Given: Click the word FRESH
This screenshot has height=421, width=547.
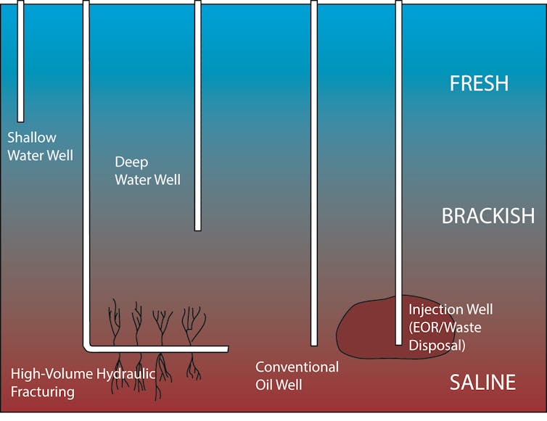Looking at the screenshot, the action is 479,83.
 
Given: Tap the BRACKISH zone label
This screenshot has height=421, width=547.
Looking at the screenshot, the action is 488,216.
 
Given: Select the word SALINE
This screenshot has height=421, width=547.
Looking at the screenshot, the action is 482,382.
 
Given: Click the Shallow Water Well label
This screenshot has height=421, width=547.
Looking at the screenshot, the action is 40,146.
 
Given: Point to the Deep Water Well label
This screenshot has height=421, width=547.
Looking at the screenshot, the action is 147,171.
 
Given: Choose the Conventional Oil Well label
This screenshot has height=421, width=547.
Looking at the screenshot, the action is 297,375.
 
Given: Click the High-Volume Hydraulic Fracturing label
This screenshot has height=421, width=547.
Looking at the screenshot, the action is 83,383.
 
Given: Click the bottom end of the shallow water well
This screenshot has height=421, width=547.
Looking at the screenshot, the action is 20,122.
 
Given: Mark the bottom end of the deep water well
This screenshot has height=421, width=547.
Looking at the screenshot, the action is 198,230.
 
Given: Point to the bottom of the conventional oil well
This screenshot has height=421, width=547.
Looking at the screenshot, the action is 314,346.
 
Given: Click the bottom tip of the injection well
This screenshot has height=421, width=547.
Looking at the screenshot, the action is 399,345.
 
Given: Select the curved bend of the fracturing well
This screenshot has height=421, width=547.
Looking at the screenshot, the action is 87,348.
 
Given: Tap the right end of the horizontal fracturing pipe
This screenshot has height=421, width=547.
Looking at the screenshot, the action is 228,349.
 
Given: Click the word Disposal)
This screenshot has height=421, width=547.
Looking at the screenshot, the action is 437,346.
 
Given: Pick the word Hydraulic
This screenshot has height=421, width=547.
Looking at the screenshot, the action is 126,374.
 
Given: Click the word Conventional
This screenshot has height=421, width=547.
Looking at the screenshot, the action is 297,367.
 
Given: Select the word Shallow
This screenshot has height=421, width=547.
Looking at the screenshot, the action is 32,138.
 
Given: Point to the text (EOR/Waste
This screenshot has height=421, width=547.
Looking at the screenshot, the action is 445,328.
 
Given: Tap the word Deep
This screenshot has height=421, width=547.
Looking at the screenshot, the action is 131,162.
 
